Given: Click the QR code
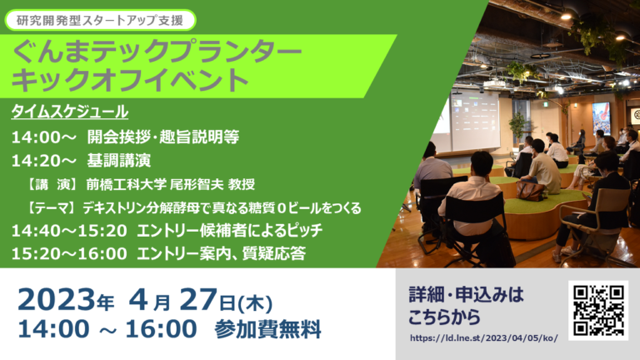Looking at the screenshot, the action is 598,310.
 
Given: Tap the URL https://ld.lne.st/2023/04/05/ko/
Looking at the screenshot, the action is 483,338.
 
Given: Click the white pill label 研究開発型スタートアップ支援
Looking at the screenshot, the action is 100,20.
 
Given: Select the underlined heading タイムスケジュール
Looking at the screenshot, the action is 70,112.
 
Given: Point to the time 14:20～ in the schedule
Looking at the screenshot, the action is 43,161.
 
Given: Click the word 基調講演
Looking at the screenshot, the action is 119,160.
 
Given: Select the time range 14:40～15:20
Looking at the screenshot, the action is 69,231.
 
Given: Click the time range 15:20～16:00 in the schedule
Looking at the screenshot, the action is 69,254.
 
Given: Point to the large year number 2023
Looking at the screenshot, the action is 57,300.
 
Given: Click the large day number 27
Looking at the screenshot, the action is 198,300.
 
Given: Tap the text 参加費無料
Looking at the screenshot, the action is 267,329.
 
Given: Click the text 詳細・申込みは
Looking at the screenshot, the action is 466,295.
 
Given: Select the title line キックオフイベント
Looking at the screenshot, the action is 130,80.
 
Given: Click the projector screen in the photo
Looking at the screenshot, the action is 476,121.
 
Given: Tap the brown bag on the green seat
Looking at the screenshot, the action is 531,190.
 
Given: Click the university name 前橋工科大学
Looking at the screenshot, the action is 126,184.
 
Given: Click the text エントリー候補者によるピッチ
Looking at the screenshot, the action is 230,231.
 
